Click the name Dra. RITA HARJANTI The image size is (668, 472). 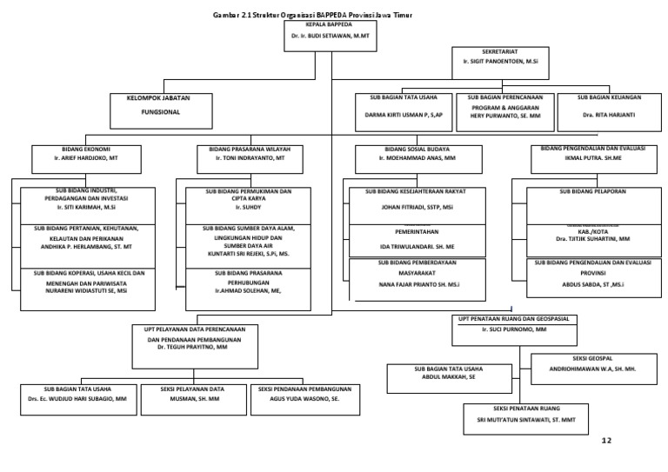(608, 115)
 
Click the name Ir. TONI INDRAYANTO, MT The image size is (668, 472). (250, 160)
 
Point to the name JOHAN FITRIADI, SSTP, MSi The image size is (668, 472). (417, 209)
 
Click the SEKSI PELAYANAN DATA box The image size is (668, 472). (192, 396)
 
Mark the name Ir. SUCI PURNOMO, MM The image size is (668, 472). (513, 331)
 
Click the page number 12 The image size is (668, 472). (606, 441)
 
